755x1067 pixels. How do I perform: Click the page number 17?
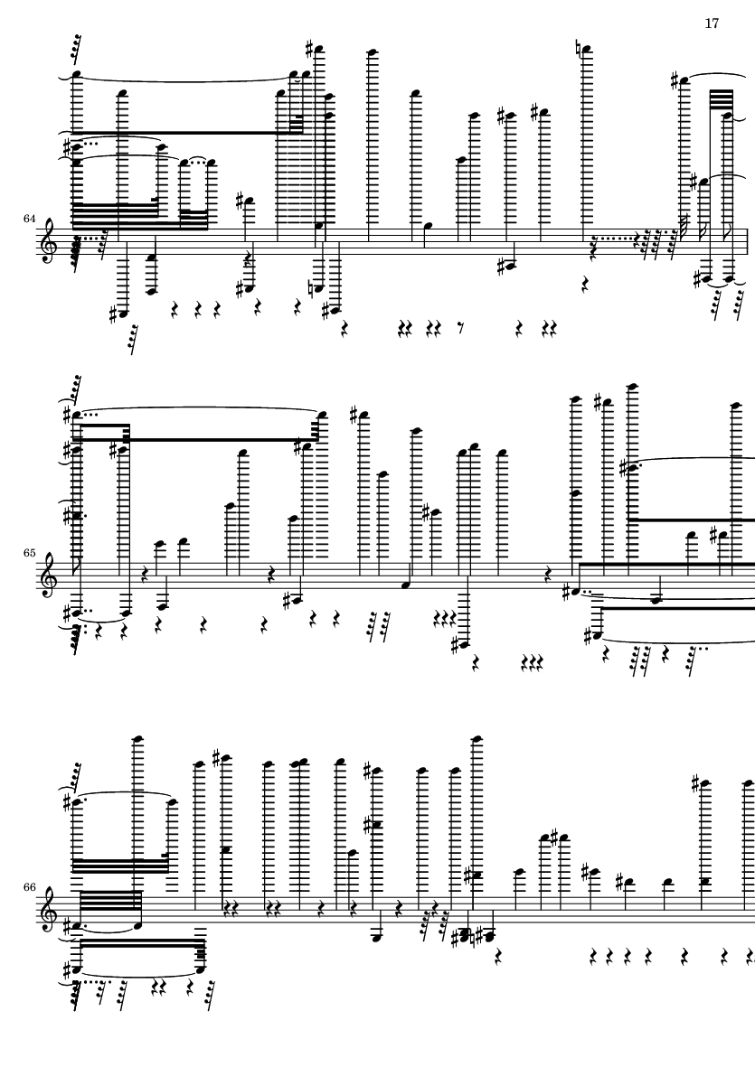[x=712, y=23]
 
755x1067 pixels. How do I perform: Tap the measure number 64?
[x=28, y=218]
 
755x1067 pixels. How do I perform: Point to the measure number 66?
[x=28, y=886]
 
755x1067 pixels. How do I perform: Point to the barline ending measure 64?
[x=748, y=238]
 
